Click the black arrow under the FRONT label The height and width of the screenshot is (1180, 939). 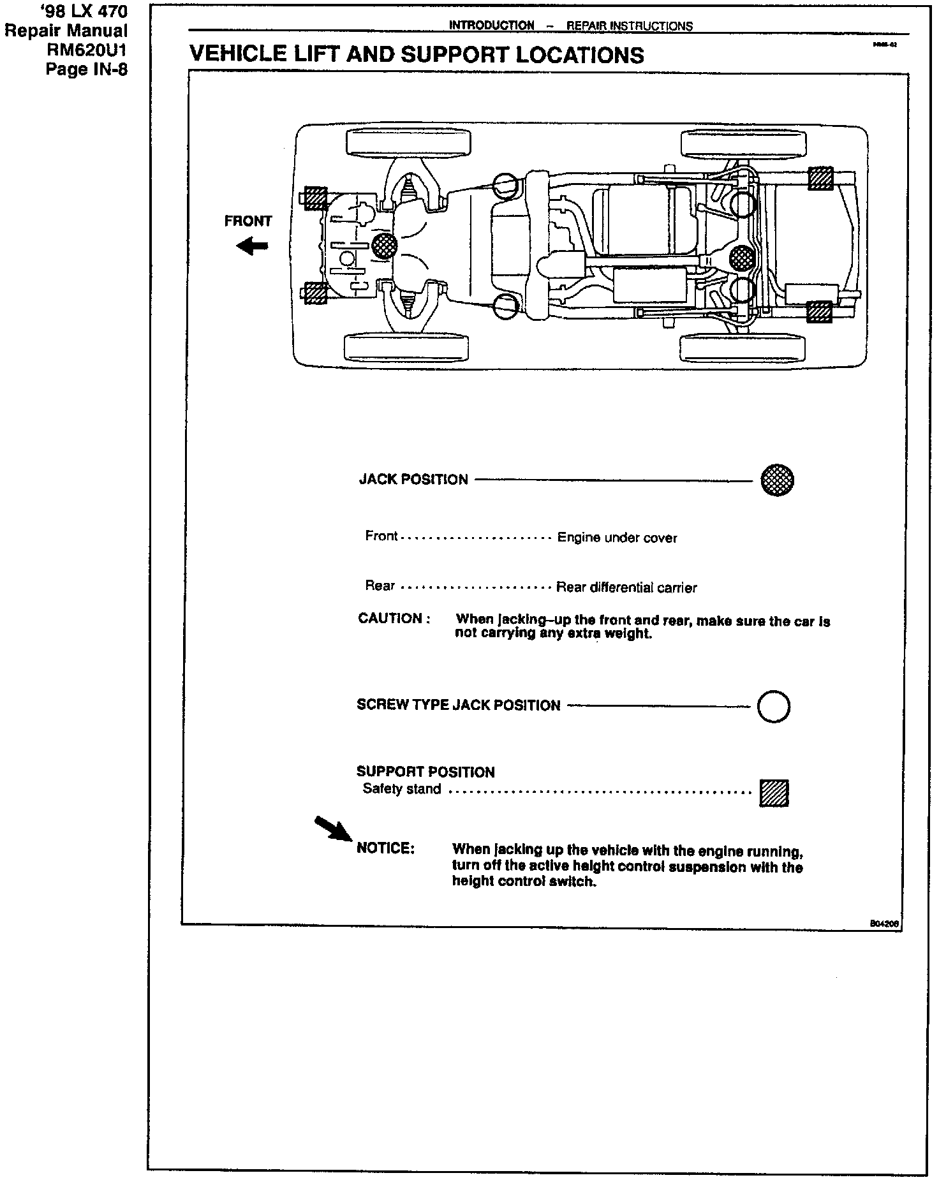253,246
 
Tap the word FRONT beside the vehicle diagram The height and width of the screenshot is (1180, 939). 248,221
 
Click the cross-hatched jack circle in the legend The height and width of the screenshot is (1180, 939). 777,480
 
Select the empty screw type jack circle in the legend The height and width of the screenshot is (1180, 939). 773,706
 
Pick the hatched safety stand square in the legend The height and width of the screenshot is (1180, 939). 774,793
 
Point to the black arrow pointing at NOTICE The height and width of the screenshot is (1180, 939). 333,829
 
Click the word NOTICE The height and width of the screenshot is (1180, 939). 385,848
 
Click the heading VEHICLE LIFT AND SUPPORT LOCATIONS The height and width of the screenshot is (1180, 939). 417,55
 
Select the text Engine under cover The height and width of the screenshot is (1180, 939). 617,538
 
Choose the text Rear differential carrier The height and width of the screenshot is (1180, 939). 626,587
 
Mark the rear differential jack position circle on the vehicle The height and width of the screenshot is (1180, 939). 742,258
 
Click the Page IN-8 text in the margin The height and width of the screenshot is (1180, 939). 87,68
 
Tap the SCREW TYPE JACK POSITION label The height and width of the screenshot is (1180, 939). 458,705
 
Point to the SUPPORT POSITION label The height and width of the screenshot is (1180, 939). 425,772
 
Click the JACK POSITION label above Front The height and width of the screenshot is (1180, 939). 413,480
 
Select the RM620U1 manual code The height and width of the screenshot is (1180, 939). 87,49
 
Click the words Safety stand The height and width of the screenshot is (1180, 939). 402,789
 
